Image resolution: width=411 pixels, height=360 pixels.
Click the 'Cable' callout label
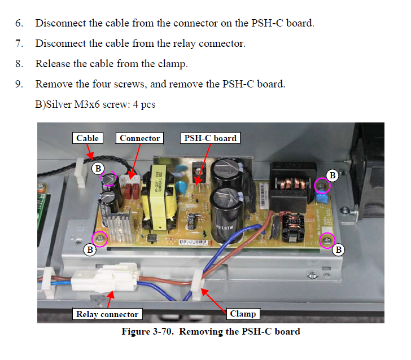[88, 138]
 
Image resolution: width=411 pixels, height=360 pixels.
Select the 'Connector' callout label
[140, 138]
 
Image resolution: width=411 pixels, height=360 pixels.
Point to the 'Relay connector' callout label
[107, 314]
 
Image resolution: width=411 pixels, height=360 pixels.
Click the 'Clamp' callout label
[243, 314]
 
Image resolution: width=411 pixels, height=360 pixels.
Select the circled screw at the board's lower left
[100, 239]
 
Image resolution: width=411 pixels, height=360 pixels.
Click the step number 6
[19, 24]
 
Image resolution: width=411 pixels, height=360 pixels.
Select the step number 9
[19, 84]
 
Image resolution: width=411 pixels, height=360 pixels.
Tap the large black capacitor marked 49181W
[225, 209]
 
